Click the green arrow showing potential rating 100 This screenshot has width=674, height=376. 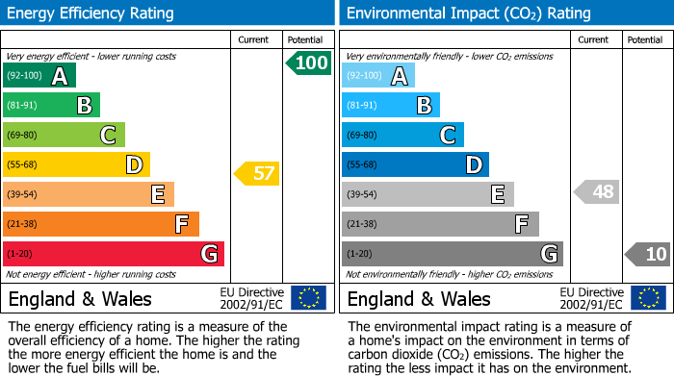tap(308, 63)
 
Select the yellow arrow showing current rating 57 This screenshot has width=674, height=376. tap(257, 174)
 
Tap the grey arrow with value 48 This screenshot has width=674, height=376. tap(596, 191)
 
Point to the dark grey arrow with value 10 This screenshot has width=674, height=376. tap(648, 254)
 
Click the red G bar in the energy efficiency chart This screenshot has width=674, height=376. tap(113, 254)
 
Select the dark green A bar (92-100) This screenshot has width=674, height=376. tap(39, 76)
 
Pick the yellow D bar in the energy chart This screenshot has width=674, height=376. tap(76, 164)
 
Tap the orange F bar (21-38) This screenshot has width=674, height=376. tap(100, 224)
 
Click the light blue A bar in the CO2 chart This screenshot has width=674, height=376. tap(378, 76)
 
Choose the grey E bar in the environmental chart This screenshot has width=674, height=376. tap(428, 194)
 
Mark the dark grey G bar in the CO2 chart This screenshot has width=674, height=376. tap(452, 254)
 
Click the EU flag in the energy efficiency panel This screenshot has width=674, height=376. tap(308, 297)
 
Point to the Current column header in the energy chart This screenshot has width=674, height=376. tap(254, 39)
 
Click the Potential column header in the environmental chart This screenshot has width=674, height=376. tap(644, 39)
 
